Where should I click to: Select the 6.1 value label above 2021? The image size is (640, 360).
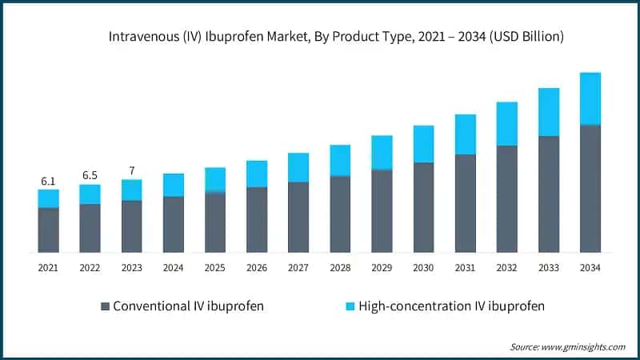click(48, 182)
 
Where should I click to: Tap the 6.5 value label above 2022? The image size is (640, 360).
click(90, 176)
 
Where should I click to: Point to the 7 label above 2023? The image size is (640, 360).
click(131, 170)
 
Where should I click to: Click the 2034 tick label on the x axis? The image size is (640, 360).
click(590, 267)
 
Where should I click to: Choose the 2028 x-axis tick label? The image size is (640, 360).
click(340, 267)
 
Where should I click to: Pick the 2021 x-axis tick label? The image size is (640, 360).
click(48, 267)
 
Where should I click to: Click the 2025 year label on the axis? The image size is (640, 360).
click(214, 267)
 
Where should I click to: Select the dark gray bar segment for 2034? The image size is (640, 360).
click(590, 189)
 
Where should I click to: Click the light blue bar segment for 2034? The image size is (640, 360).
click(590, 98)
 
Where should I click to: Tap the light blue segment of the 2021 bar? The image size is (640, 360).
click(48, 198)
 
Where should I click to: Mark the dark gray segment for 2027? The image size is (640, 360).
click(298, 217)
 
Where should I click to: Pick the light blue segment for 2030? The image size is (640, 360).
click(423, 144)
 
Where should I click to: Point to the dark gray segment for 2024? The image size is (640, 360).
click(174, 224)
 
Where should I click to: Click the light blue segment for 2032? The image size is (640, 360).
click(506, 124)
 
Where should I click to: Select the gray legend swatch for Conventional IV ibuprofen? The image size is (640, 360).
click(105, 306)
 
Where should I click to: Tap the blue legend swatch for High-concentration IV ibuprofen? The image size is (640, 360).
click(350, 306)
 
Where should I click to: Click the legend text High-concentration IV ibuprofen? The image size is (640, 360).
click(452, 306)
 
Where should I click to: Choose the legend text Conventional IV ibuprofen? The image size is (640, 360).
click(189, 306)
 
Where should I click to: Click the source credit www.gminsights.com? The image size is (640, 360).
click(568, 346)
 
